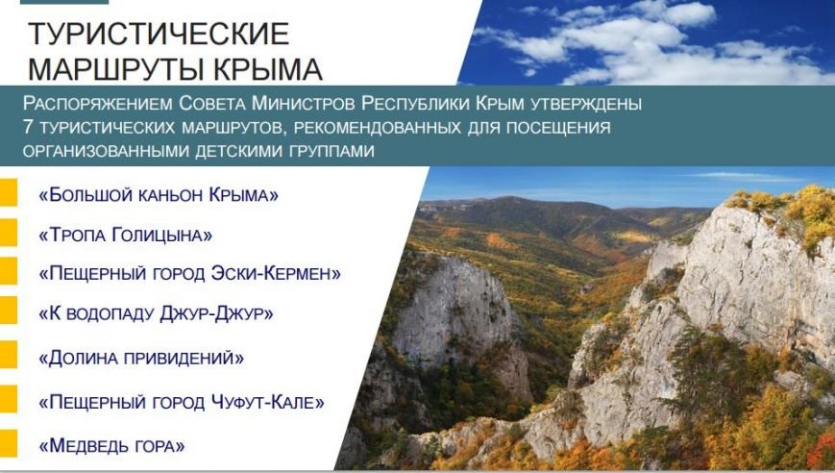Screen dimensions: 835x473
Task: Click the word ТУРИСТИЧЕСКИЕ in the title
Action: [x=159, y=34]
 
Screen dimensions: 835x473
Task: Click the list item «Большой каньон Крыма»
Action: [x=159, y=195]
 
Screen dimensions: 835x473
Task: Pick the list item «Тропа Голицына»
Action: [x=125, y=235]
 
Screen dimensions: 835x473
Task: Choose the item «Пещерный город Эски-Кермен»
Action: [x=189, y=273]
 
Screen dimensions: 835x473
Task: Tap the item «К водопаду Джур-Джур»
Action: [x=156, y=313]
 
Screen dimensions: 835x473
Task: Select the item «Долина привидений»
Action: [x=141, y=358]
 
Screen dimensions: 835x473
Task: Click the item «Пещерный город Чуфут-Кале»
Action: [x=182, y=402]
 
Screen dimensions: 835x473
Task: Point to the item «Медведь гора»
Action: [x=111, y=445]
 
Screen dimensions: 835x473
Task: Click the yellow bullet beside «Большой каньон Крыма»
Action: [x=9, y=193]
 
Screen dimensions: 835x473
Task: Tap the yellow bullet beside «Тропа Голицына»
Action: [x=9, y=233]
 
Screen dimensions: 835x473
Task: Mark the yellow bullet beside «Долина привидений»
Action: [x=9, y=354]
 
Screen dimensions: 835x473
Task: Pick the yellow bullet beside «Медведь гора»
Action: [x=9, y=443]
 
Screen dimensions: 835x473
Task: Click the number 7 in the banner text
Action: [x=28, y=127]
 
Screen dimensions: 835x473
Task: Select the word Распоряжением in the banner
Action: [x=97, y=103]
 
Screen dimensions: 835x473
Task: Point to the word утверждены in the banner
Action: [x=586, y=103]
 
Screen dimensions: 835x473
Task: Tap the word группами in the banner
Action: [x=332, y=151]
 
